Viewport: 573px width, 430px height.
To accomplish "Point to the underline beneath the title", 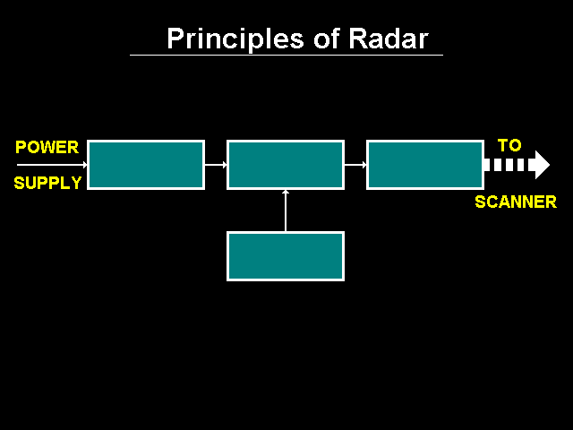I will click(x=286, y=56).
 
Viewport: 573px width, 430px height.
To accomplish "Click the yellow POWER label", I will click(x=47, y=147).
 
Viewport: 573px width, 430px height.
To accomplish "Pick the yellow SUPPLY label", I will click(x=47, y=183).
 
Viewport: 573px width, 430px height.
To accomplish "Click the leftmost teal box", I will click(x=146, y=165).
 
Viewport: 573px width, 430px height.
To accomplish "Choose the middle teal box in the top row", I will click(x=286, y=165).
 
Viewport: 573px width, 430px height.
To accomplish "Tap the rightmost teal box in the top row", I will click(x=425, y=165).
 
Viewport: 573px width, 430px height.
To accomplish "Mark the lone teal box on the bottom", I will click(x=286, y=256).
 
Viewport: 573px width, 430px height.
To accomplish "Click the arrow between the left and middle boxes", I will click(x=216, y=165).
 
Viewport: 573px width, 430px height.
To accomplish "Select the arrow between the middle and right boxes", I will click(x=355, y=165).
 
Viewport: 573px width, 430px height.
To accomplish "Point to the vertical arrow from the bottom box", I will click(x=286, y=211).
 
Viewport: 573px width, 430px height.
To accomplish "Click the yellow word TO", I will click(x=509, y=145).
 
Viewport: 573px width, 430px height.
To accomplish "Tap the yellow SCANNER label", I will click(x=515, y=202).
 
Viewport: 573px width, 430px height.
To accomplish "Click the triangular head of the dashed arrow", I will click(x=541, y=165).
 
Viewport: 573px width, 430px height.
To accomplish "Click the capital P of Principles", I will click(x=175, y=39).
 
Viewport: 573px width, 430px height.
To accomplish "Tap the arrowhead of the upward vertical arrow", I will click(x=286, y=193).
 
